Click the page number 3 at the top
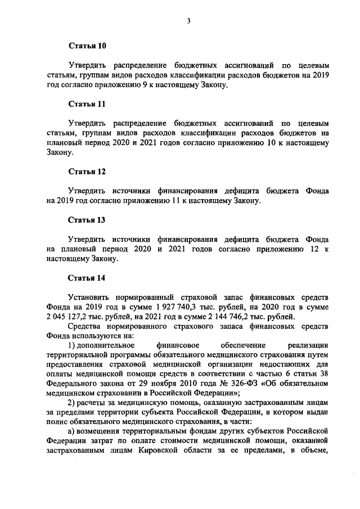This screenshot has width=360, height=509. (x=190, y=21)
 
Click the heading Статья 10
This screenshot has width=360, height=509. (x=87, y=45)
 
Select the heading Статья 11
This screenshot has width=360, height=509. (x=87, y=105)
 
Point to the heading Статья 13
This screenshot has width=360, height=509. (x=87, y=219)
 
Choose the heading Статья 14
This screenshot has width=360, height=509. (x=87, y=278)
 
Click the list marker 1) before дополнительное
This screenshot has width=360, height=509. (x=71, y=345)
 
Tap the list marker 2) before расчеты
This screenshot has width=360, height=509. (x=71, y=403)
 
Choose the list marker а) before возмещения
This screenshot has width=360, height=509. (x=71, y=431)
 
